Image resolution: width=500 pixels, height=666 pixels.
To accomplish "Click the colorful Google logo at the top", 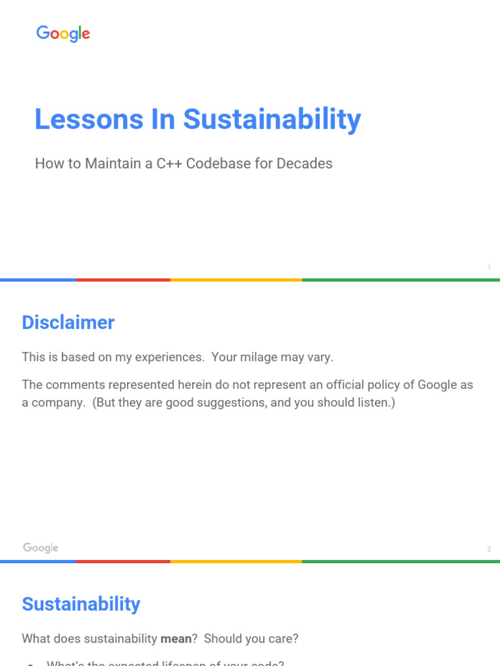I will [x=63, y=34].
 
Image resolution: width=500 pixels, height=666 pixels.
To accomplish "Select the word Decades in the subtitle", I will [x=304, y=164].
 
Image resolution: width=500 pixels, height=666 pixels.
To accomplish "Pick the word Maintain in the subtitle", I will [x=110, y=164].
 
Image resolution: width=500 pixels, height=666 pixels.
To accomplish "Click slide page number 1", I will [x=489, y=267].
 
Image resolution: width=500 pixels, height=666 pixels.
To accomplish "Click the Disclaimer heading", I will [x=68, y=323].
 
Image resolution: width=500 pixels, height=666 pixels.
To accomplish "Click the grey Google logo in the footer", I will [x=41, y=548].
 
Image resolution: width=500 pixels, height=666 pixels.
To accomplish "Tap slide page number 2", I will [x=489, y=550].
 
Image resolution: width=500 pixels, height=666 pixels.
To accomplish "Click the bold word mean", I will [x=176, y=639].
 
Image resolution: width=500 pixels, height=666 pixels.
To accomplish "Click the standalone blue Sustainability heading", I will [x=81, y=604].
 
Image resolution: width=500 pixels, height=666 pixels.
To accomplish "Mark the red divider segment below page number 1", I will [x=123, y=280].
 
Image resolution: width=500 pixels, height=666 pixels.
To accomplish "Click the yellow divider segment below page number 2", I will [x=236, y=561].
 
